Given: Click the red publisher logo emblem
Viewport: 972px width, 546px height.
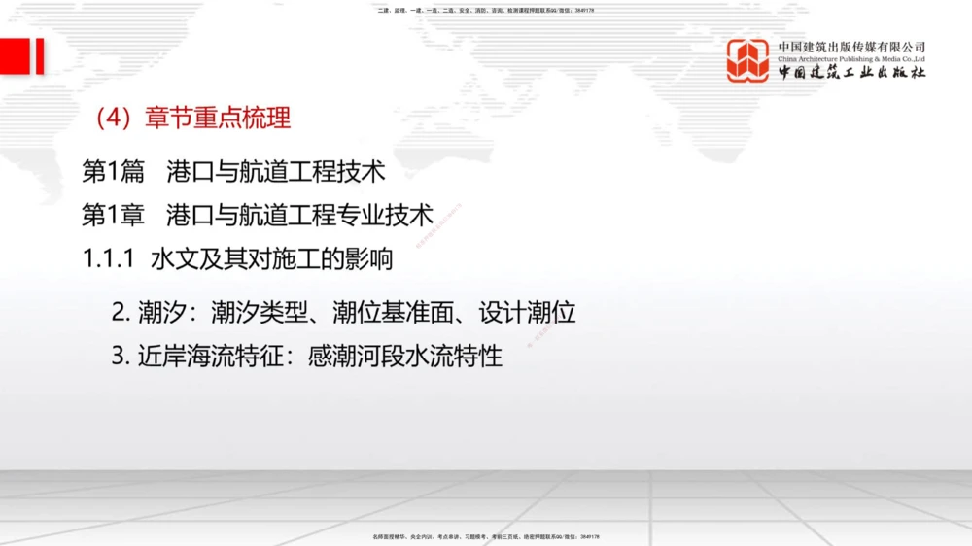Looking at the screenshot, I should pos(747,60).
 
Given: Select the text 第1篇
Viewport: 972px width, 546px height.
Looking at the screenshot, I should pos(113,172).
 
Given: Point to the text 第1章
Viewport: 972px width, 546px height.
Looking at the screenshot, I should pos(113,215).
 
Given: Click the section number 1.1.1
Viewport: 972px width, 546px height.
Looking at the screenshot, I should pos(108,259).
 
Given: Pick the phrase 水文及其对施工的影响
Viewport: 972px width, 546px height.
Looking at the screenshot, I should pos(271,259).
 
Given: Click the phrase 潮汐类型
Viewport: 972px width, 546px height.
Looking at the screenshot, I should pos(260,312).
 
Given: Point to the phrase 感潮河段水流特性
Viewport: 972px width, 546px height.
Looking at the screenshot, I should pos(404,356).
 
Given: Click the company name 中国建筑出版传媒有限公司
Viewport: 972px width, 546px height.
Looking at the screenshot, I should pos(851,47).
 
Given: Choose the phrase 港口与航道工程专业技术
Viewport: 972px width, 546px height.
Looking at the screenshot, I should pos(300,215).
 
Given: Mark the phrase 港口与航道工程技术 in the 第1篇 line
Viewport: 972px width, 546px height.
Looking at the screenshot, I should pos(276,172).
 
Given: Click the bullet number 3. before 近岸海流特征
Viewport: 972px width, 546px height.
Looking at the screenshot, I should pos(120,356).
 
